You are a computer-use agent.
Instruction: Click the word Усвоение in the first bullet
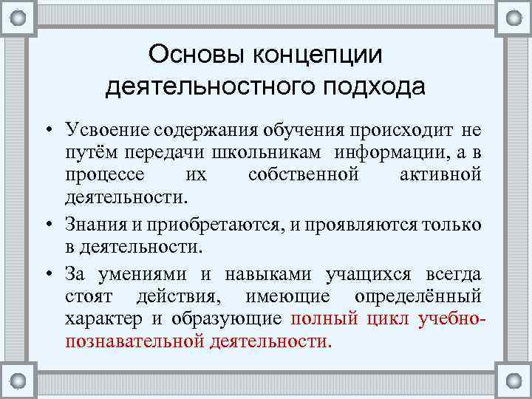(x=108, y=131)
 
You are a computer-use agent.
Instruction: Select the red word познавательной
(x=134, y=341)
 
